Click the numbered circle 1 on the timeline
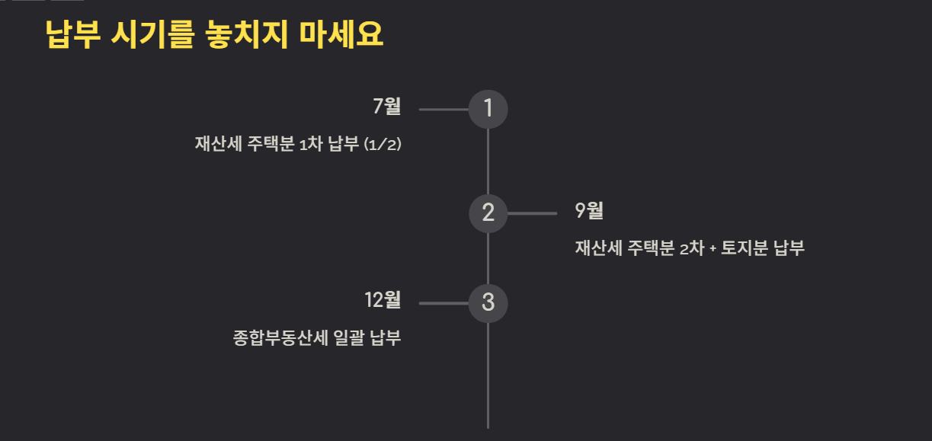(488, 109)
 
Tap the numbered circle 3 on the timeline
(488, 303)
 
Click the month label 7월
(386, 107)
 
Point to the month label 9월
(589, 211)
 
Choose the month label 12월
(383, 300)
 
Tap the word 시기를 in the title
(153, 35)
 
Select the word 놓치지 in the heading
(247, 35)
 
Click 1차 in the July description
(311, 145)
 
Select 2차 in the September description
(691, 248)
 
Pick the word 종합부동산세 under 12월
(279, 337)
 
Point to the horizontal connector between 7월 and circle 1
(444, 110)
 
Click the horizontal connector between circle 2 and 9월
(532, 213)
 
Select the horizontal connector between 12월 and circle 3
(444, 303)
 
